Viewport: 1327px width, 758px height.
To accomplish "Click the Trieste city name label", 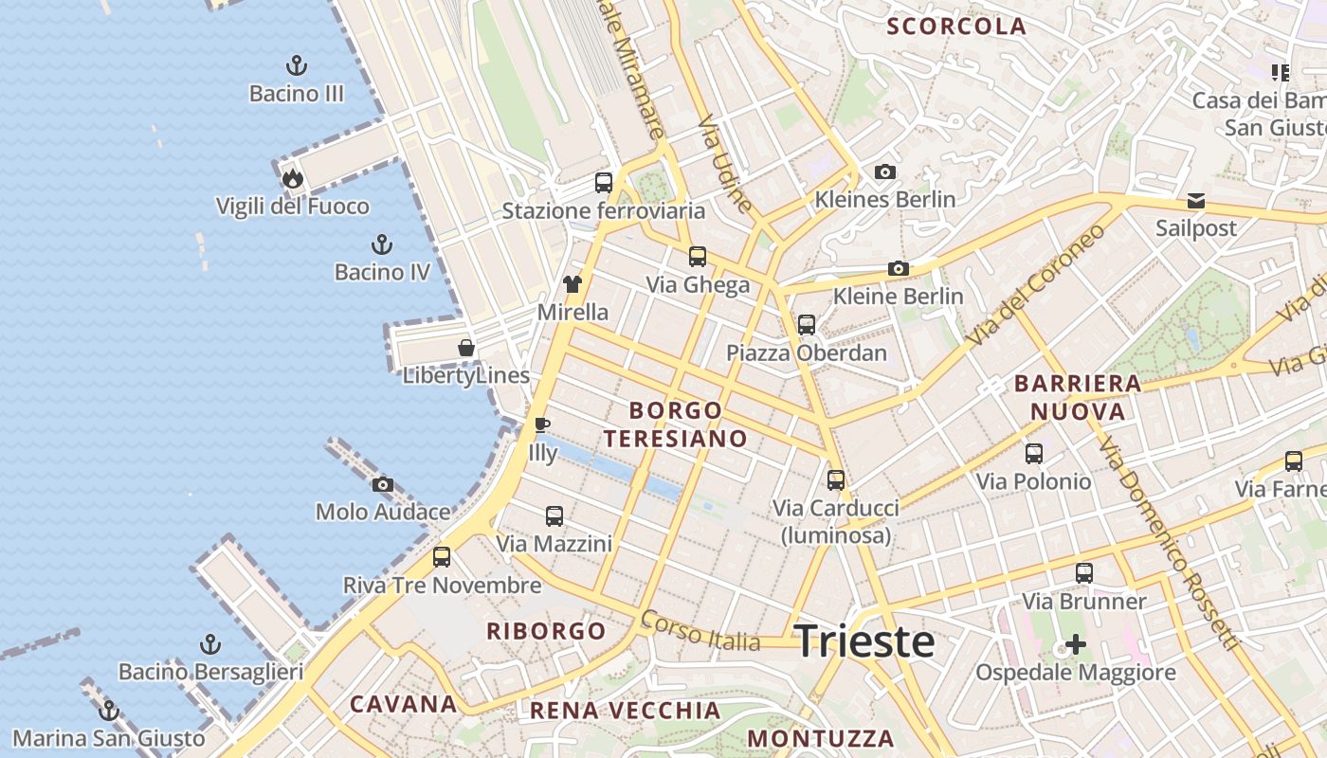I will click(x=863, y=641).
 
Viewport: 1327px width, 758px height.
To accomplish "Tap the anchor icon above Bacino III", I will click(x=297, y=65).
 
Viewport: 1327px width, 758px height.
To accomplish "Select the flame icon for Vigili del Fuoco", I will click(x=292, y=177).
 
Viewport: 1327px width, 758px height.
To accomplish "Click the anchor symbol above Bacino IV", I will click(x=382, y=244).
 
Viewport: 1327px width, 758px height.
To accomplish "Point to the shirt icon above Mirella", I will click(x=573, y=283).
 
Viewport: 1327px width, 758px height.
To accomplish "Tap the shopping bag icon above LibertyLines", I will click(x=466, y=348).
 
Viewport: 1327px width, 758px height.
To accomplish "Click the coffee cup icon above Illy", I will click(x=542, y=424).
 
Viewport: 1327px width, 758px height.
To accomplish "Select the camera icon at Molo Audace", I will click(x=383, y=484).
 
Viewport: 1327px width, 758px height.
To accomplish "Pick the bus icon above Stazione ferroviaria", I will click(x=604, y=183).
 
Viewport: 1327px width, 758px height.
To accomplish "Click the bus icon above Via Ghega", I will click(x=698, y=257).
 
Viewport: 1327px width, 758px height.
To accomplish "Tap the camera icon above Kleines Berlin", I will click(x=885, y=171).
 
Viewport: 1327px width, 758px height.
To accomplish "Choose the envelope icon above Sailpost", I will click(x=1196, y=201).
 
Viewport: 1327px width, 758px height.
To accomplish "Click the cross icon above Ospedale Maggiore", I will click(x=1076, y=645).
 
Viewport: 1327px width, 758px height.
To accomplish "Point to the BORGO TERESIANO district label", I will click(x=676, y=424).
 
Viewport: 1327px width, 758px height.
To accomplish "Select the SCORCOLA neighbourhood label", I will click(x=956, y=27).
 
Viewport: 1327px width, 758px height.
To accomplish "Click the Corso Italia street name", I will click(x=700, y=631).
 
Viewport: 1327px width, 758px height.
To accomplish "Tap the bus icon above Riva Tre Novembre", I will click(x=442, y=557).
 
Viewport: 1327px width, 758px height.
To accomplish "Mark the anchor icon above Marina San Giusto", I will click(x=109, y=710).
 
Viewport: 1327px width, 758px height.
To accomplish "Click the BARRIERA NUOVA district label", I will click(x=1078, y=397).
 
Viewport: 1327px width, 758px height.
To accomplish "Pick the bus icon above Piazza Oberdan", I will click(x=807, y=325).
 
